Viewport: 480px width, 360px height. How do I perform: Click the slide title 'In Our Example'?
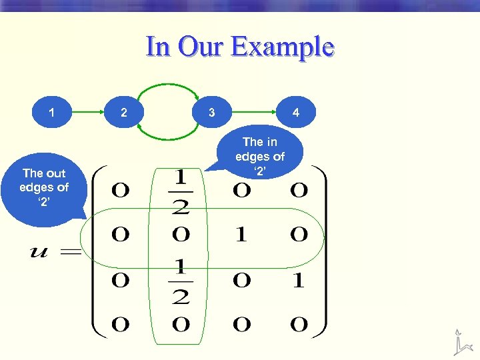tap(240, 47)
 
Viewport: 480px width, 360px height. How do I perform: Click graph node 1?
tap(52, 113)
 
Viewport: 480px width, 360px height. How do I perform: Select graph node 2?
tap(123, 113)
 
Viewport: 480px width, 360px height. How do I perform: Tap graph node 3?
tap(211, 113)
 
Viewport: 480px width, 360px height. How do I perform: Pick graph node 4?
tap(295, 113)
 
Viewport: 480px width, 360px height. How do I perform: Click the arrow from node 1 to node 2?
tap(87, 113)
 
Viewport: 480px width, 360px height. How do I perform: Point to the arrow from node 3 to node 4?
tap(253, 113)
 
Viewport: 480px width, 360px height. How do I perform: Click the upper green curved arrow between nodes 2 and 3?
tap(167, 86)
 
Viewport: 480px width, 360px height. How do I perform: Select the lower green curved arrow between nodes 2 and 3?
tap(167, 138)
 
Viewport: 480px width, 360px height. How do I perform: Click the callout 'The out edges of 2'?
tap(44, 188)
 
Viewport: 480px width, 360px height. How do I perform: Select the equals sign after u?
tap(71, 253)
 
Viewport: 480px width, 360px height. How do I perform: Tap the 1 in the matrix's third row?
tap(299, 281)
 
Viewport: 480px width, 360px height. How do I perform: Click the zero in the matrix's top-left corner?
tap(121, 191)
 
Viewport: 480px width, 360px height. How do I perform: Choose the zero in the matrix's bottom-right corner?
tap(299, 325)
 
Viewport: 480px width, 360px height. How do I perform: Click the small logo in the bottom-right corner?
tap(461, 342)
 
